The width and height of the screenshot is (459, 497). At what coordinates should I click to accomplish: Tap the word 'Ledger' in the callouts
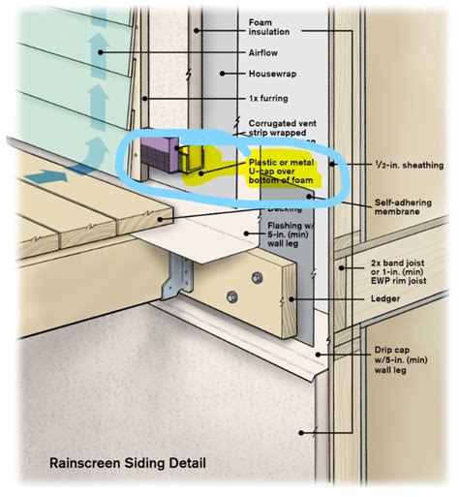pyautogui.click(x=384, y=298)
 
